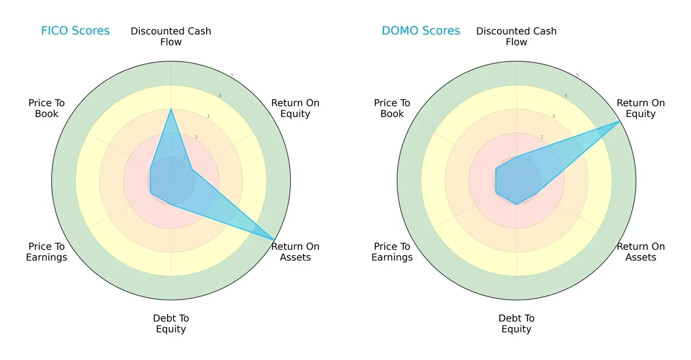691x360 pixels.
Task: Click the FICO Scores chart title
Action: tap(75, 31)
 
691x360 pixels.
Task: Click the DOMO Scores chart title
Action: tap(421, 31)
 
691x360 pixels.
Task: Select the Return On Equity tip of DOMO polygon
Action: tap(620, 122)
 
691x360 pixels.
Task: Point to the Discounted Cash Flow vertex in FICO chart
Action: tap(171, 109)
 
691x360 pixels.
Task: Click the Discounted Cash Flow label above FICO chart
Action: tap(171, 36)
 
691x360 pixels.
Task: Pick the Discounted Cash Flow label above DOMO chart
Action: tap(517, 36)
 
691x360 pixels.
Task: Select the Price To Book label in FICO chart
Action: tap(47, 108)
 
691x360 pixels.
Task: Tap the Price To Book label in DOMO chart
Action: tap(392, 108)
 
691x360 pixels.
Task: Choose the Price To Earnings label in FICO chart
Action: tap(47, 252)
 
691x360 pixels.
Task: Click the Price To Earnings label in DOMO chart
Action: tap(392, 252)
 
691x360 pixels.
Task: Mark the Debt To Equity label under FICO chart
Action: tap(171, 324)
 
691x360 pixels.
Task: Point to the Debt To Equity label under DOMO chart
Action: tap(517, 324)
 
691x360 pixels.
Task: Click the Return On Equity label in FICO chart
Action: tap(295, 108)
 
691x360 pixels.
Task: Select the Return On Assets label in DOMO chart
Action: tap(641, 252)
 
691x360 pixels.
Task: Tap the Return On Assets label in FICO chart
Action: tap(295, 252)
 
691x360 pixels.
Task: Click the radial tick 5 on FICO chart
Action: tap(232, 75)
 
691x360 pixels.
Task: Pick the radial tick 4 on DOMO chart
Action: tap(565, 96)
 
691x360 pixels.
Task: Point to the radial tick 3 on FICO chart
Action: tap(208, 117)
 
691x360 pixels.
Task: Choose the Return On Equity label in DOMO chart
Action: tap(641, 108)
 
